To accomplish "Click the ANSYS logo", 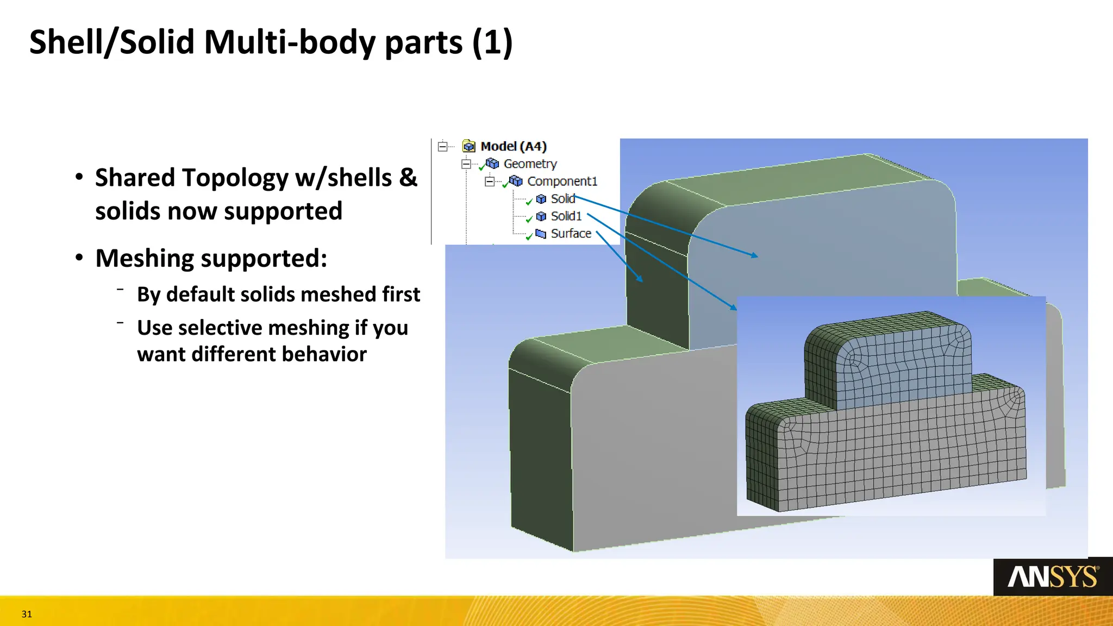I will (x=1053, y=577).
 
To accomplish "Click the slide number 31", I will (x=27, y=614).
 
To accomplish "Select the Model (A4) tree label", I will (x=514, y=146).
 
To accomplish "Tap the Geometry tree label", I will (x=530, y=164).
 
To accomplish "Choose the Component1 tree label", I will (x=562, y=181).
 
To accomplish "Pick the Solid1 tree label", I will (x=566, y=216).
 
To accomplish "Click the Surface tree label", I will (x=571, y=233).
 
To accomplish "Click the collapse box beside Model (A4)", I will (x=443, y=146).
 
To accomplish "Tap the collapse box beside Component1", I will (x=490, y=181).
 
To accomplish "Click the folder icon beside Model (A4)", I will (x=468, y=146).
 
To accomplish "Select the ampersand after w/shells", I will (x=408, y=177).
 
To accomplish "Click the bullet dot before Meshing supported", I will (x=79, y=258).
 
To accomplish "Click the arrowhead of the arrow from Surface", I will (x=641, y=280).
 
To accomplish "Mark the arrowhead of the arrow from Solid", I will (x=755, y=255).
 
